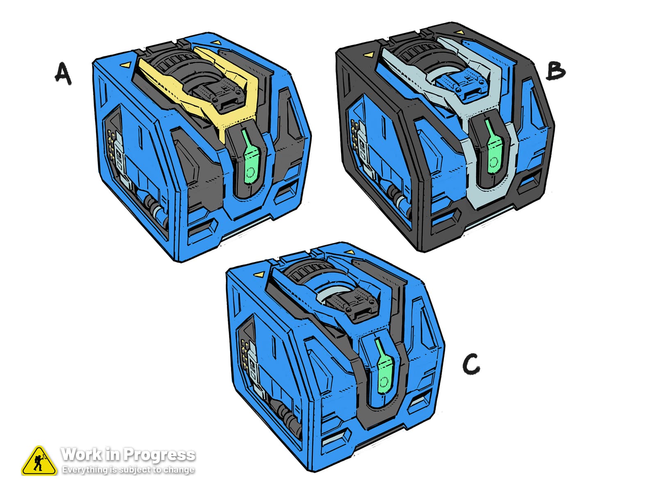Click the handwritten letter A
(x=63, y=74)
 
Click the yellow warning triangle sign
(x=39, y=461)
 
